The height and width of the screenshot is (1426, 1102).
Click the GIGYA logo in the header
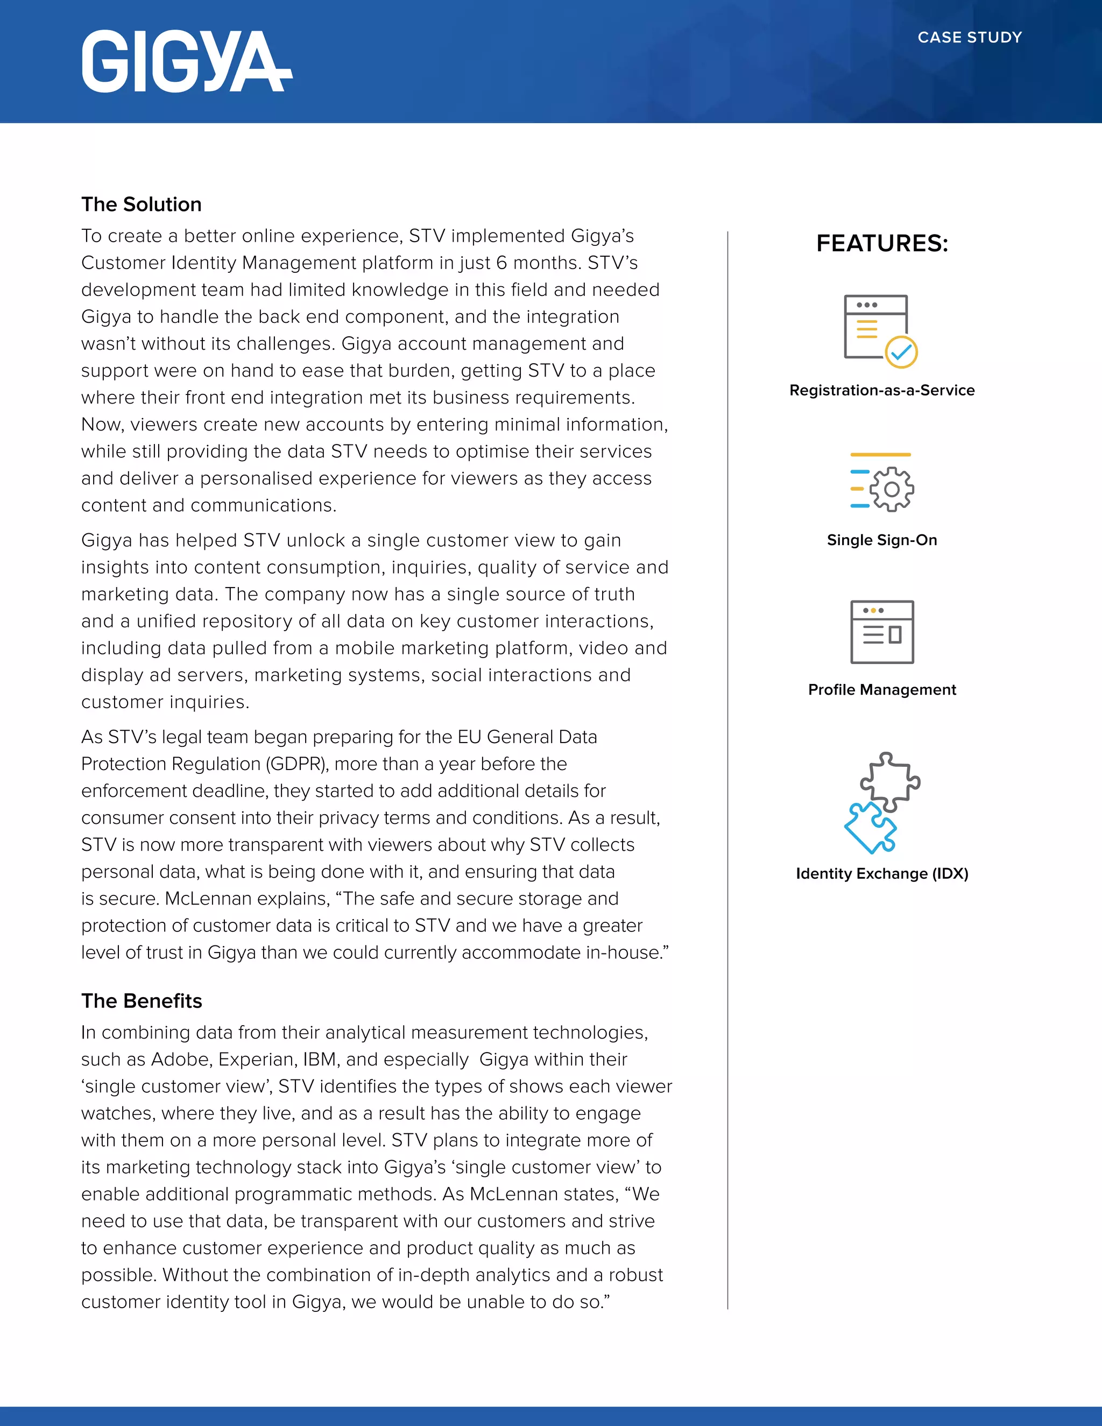tap(187, 61)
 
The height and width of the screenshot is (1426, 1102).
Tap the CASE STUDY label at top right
tap(970, 37)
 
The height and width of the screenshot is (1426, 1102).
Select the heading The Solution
tap(141, 204)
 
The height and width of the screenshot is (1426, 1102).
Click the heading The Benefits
tap(141, 1001)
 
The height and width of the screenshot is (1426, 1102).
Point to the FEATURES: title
tap(882, 244)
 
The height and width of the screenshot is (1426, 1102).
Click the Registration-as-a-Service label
tap(882, 391)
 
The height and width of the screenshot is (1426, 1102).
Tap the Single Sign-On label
tap(882, 540)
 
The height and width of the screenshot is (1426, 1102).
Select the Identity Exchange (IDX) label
tap(882, 873)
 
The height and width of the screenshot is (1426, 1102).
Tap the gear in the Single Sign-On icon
tap(891, 489)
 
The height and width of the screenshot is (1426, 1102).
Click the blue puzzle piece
tap(870, 828)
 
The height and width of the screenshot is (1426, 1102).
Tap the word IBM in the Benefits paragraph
tap(319, 1059)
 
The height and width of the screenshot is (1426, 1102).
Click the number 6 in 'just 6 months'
tap(501, 263)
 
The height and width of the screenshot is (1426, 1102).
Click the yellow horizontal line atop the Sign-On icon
tap(881, 455)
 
